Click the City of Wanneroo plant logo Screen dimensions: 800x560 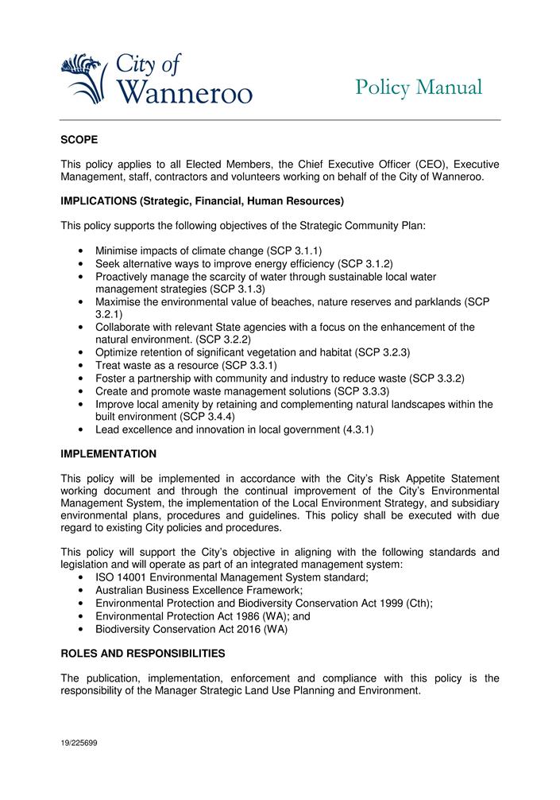(x=83, y=78)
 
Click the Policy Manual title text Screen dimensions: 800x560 (x=419, y=87)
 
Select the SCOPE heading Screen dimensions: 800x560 (x=79, y=140)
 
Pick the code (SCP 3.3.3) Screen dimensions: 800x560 (x=364, y=391)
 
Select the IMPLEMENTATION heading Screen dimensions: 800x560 (x=109, y=454)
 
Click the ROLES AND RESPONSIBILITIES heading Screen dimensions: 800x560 (x=143, y=654)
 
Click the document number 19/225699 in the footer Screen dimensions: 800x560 (x=79, y=743)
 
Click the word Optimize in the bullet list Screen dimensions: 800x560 (x=118, y=351)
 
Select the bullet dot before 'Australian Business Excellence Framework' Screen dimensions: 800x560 (x=83, y=591)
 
